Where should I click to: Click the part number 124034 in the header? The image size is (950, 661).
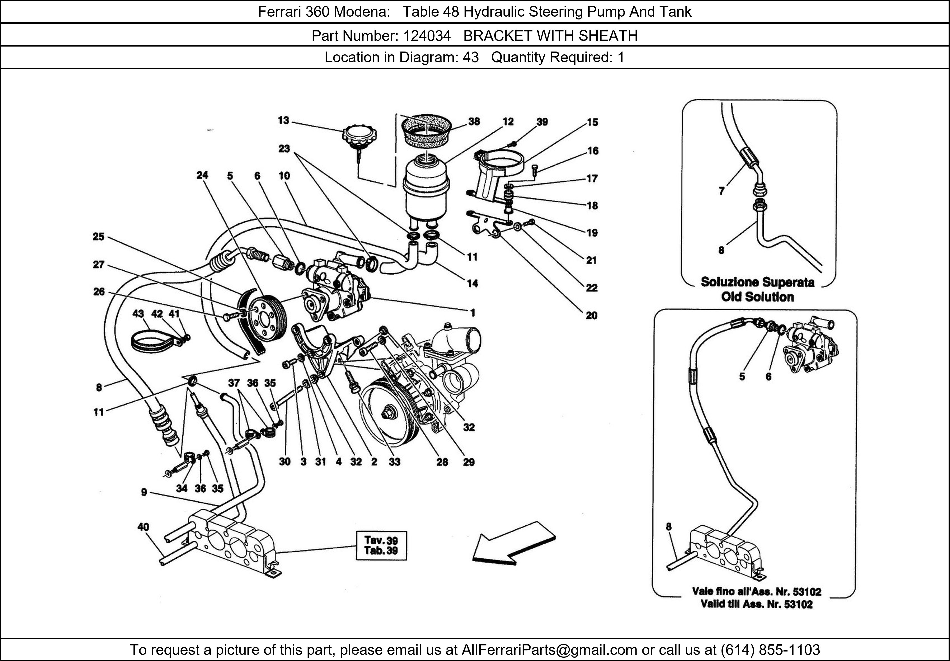pos(427,36)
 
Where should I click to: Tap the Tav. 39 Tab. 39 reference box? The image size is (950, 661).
pos(381,546)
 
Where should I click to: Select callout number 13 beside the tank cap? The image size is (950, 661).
pos(283,120)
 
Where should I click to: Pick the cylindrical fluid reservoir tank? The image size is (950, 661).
pos(426,188)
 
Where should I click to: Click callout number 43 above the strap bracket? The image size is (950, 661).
pos(138,314)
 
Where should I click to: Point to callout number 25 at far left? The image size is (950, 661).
pos(99,237)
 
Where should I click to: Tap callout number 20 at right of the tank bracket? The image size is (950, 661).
pos(591,316)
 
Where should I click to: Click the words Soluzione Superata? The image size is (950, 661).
pos(757,283)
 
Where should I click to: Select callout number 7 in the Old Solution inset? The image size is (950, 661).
pos(722,191)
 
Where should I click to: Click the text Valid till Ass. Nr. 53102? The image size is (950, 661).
pos(756,604)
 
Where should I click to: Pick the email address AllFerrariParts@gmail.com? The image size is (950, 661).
pos(549,650)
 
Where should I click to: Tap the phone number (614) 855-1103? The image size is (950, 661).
pos(770,650)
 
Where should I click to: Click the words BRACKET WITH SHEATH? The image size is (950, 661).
pos(550,36)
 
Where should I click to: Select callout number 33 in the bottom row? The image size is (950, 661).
pos(394,462)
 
